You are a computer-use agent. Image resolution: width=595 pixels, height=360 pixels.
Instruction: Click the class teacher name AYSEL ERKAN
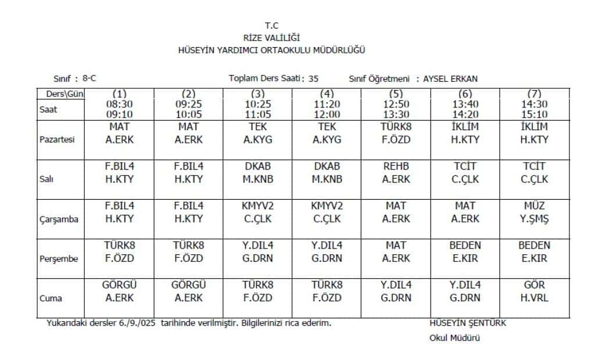451,79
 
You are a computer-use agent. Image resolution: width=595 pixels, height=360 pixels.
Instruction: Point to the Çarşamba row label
59,219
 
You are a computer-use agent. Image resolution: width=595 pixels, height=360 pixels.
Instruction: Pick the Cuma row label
51,298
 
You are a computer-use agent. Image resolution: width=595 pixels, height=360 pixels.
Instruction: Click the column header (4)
327,93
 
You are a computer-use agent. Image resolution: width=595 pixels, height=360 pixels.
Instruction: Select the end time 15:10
534,114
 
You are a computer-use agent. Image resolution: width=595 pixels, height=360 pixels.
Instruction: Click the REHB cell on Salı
396,167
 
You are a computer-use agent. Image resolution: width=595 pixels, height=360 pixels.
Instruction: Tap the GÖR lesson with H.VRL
534,286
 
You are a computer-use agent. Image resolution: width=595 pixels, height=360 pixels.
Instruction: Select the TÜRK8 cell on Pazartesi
396,127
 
